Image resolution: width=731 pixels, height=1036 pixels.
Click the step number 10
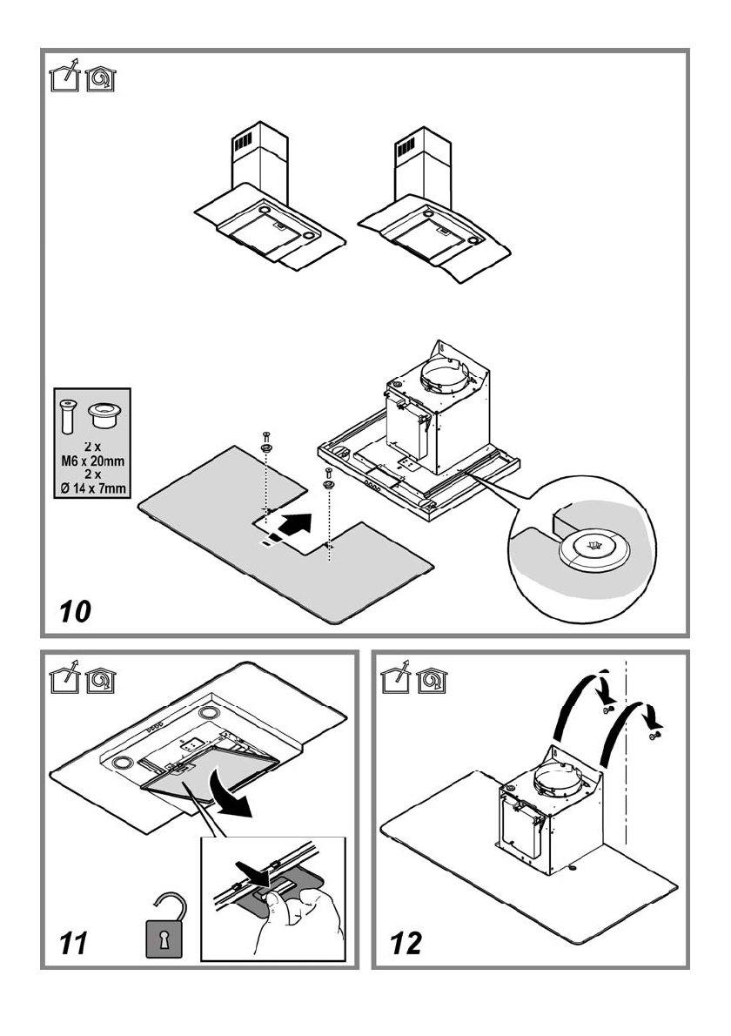coord(75,611)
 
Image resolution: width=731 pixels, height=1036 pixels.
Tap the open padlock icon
coord(164,925)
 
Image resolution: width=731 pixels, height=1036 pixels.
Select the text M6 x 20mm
coord(92,461)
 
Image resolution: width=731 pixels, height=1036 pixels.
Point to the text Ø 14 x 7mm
coord(92,489)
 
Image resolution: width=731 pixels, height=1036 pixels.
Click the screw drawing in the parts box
coord(68,416)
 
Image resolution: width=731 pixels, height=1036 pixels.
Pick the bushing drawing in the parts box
coord(104,415)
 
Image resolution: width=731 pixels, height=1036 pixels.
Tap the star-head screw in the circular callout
coord(592,547)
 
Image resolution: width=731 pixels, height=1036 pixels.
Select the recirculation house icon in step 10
coord(101,78)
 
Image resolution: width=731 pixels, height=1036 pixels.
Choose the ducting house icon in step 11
coord(64,679)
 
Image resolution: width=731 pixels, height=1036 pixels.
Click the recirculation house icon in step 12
coord(433,679)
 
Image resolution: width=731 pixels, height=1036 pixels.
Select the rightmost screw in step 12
coord(655,734)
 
